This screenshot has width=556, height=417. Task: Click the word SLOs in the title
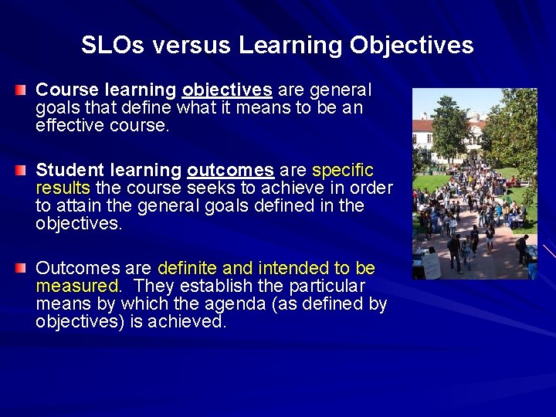point(113,46)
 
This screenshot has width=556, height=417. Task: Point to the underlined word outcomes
point(230,170)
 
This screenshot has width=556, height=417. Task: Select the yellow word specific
point(342,170)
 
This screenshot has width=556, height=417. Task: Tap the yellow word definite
point(187,269)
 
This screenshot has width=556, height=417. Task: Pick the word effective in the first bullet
point(68,126)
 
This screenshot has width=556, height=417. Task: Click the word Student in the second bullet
point(68,170)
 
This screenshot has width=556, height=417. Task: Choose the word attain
point(81,206)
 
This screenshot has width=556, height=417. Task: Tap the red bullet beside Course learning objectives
point(21,91)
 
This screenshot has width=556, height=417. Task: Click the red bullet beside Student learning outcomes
point(21,171)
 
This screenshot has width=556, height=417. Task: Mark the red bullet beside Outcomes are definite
point(21,269)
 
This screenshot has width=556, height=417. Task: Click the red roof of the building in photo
point(425,125)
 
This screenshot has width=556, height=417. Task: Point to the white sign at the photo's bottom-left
point(430,266)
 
